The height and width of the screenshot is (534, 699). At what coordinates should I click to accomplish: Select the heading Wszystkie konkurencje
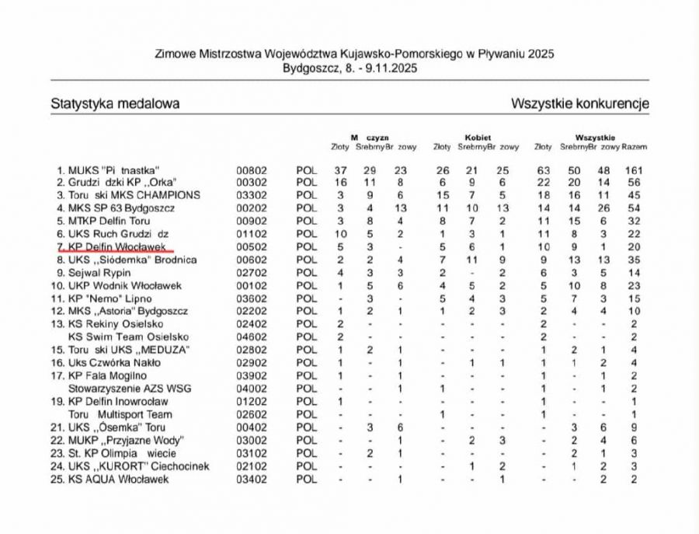[x=580, y=103]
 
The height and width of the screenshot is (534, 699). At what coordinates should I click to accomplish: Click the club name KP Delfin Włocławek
[x=125, y=246]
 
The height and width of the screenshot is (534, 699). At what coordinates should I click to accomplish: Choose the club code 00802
[x=252, y=169]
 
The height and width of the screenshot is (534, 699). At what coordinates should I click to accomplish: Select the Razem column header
[x=635, y=146]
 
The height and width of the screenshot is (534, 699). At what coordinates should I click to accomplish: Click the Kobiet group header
[x=478, y=137]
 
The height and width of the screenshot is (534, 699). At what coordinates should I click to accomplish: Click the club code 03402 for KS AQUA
[x=252, y=480]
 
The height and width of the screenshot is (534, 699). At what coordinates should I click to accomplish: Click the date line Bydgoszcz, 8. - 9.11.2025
[x=349, y=68]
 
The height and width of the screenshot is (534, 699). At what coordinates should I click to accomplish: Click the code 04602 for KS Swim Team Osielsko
[x=252, y=337]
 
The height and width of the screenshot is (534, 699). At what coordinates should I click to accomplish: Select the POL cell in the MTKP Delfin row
[x=308, y=221]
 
